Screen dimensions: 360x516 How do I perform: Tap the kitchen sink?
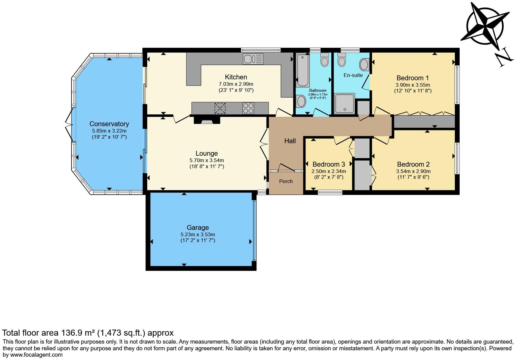coord(253,59)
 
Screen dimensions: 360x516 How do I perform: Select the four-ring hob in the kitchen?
coord(248,108)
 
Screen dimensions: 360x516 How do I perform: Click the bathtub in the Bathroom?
coord(303,70)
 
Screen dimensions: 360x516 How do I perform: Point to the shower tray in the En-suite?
coord(344,103)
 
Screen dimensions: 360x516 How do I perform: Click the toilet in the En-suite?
coord(342,60)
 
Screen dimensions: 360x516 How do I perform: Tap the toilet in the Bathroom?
coord(325,60)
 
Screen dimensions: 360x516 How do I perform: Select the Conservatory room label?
coord(109,124)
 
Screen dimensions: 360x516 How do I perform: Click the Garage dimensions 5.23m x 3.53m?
coord(197,234)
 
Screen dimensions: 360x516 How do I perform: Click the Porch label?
coord(286,181)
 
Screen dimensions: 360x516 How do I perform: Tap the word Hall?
coord(290,141)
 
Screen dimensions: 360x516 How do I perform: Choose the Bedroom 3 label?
coord(329,164)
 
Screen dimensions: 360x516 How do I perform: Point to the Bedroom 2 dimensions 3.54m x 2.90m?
coord(413,171)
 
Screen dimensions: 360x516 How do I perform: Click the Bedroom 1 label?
coord(413,78)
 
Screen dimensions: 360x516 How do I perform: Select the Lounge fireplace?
coord(207,120)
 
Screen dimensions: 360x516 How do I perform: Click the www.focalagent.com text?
coord(36,355)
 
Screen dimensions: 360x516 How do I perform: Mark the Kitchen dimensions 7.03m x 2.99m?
coord(236,84)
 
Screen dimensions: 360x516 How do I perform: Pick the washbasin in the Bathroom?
coord(301,101)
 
